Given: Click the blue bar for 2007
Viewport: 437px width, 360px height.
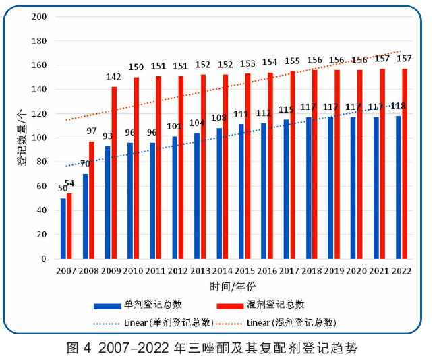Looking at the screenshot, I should (63, 229).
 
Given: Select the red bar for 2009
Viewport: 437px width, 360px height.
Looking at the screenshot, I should (114, 173).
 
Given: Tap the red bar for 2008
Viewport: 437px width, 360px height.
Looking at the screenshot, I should (92, 200).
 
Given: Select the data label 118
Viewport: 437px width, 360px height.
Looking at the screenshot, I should (399, 107).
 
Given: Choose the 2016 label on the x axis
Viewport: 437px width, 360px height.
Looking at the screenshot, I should (267, 270).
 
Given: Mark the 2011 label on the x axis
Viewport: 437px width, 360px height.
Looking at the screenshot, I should (156, 270).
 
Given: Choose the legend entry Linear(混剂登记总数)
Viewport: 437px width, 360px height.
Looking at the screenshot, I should (291, 322).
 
